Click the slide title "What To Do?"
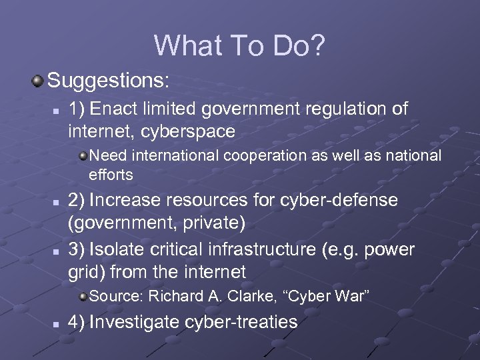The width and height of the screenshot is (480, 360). tap(239, 45)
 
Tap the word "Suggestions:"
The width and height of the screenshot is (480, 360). tap(109, 82)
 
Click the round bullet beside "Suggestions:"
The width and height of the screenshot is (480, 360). tap(38, 81)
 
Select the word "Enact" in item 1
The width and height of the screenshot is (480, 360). tap(117, 109)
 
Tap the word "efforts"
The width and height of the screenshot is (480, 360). tap(111, 175)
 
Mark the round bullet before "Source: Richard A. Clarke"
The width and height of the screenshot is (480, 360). tap(82, 296)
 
